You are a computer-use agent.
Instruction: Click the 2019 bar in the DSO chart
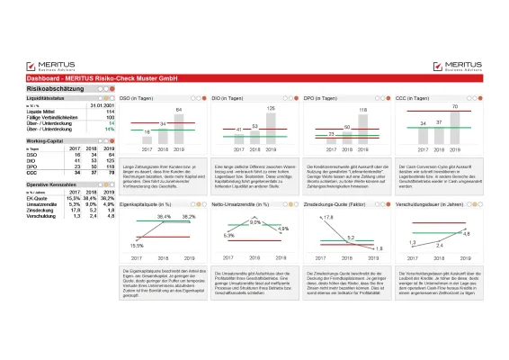pyautogui.click(x=178, y=128)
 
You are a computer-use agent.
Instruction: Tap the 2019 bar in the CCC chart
pyautogui.click(x=456, y=129)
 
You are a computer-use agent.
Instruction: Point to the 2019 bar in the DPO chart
pyautogui.click(x=362, y=130)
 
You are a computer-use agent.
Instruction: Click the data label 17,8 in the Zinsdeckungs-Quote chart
pyautogui.click(x=328, y=218)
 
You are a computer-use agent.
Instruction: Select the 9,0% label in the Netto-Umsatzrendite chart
pyautogui.click(x=254, y=221)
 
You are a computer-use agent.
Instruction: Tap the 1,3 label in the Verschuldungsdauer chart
pyautogui.click(x=412, y=242)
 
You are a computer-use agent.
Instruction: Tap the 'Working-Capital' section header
pyautogui.click(x=46, y=141)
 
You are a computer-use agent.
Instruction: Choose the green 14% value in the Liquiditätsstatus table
pyautogui.click(x=110, y=129)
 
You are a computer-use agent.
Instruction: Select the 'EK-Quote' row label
pyautogui.click(x=40, y=196)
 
